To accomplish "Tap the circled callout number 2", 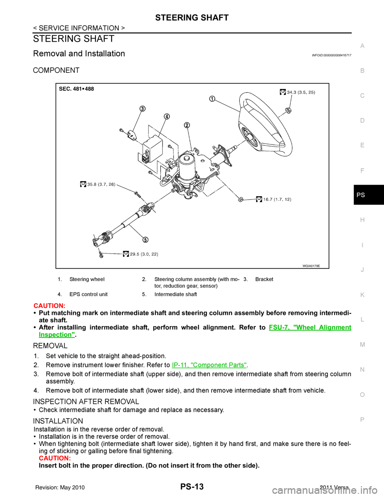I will pos(187,125).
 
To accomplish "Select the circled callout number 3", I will pos(142,109).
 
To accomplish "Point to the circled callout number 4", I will pos(166,116).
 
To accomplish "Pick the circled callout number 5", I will pos(145,239).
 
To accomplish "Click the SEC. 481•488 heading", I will pos(76,89).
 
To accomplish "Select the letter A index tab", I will pos(362,46).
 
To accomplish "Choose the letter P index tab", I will pos(362,419).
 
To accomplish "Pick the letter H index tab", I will pos(362,220).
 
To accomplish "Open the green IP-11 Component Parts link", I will pos(209,365).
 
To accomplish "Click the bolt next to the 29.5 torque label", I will pos(101,253).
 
